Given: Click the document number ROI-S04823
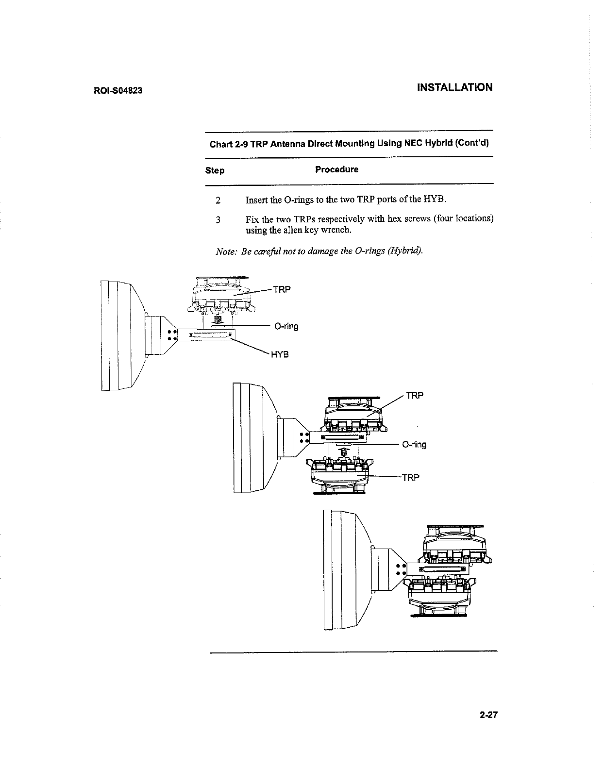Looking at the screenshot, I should (117, 91).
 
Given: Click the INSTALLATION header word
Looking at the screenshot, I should (454, 87).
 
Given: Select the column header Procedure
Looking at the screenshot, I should (336, 169).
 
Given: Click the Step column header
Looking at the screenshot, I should (215, 170).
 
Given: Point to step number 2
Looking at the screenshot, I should (218, 200).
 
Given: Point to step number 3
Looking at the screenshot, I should (218, 219).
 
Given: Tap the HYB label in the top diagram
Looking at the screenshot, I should (280, 354).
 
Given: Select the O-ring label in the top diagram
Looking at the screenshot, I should (286, 326).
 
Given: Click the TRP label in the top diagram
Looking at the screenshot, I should (282, 290).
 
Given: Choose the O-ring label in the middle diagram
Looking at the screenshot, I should (414, 445).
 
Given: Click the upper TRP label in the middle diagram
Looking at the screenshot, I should (415, 396).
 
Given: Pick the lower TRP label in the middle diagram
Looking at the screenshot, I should (410, 478).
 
